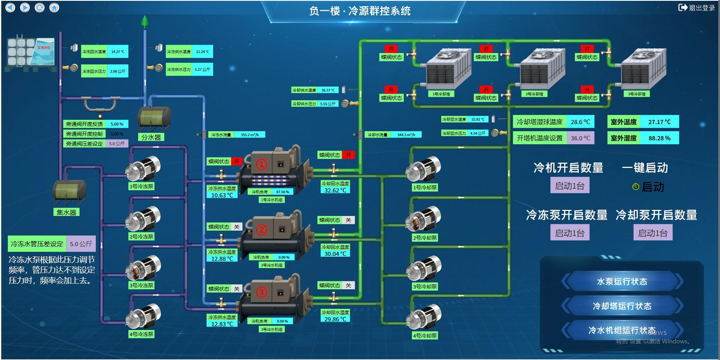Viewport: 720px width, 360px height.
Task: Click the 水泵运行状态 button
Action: (622, 281)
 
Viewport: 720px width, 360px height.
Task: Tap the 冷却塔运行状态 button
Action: (622, 306)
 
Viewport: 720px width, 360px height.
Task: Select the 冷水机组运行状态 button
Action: (622, 330)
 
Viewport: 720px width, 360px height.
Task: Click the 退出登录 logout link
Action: (697, 8)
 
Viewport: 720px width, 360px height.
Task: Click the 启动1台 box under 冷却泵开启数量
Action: (653, 233)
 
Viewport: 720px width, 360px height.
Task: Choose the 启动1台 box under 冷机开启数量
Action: (569, 186)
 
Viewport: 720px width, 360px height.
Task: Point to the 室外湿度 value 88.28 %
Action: (659, 138)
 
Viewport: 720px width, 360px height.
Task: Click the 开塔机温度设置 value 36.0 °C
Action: (580, 138)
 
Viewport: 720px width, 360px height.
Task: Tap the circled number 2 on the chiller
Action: (262, 230)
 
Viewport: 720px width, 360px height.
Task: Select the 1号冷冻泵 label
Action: (141, 187)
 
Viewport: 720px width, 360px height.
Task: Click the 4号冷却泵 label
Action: (425, 336)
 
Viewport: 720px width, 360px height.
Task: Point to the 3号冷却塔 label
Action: (637, 94)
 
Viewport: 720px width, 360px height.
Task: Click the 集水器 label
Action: (66, 212)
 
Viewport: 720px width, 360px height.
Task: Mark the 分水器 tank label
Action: (151, 137)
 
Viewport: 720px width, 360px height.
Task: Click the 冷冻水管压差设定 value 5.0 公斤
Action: (81, 244)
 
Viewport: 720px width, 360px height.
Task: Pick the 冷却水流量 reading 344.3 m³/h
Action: (406, 135)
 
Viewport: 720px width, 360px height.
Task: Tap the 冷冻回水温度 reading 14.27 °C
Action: (118, 52)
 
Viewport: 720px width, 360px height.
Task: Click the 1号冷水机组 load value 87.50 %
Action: (282, 192)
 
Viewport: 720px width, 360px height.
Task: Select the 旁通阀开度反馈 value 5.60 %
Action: (117, 124)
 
